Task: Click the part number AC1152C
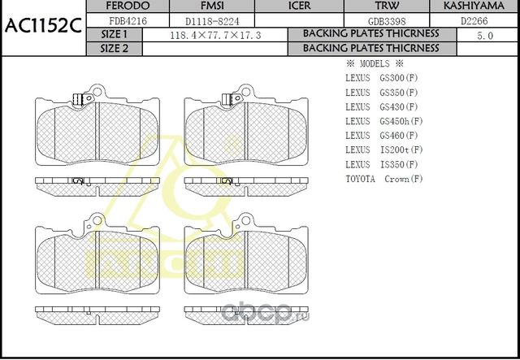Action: [x=41, y=25]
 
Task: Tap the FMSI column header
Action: [x=200, y=6]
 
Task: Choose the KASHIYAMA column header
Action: [x=476, y=6]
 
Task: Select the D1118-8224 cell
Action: [x=200, y=20]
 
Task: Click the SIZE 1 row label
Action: [x=114, y=34]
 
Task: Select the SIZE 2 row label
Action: [x=114, y=48]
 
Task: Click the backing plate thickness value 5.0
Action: [x=484, y=35]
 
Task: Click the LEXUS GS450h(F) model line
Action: [x=383, y=121]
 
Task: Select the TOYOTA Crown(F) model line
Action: [x=384, y=179]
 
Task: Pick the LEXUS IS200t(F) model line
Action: [x=383, y=150]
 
